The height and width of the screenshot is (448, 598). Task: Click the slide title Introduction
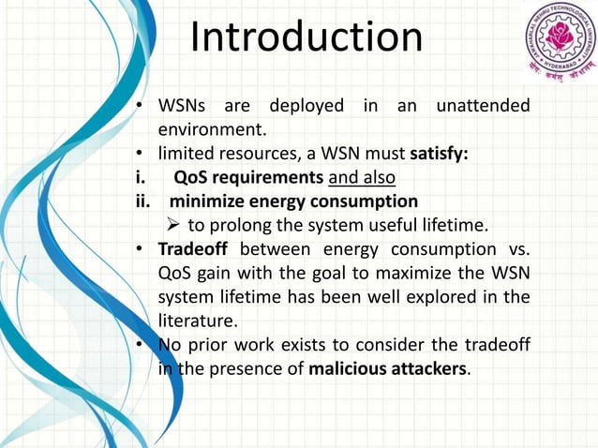click(x=306, y=38)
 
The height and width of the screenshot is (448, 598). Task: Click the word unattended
click(x=481, y=106)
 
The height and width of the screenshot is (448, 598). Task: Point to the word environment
click(x=213, y=128)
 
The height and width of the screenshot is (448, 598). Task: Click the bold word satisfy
click(x=444, y=153)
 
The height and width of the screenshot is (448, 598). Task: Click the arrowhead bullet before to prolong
click(x=172, y=226)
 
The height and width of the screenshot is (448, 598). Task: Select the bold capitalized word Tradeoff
click(x=193, y=250)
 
